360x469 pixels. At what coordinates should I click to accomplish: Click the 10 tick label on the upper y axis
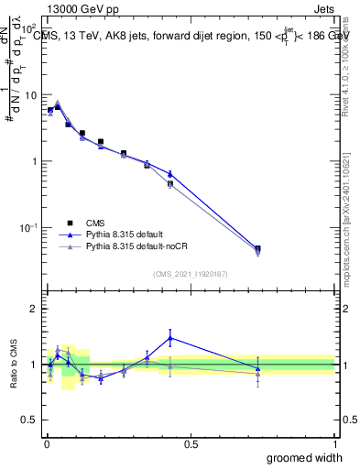pos(30,95)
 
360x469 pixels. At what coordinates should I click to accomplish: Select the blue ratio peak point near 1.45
pos(170,338)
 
